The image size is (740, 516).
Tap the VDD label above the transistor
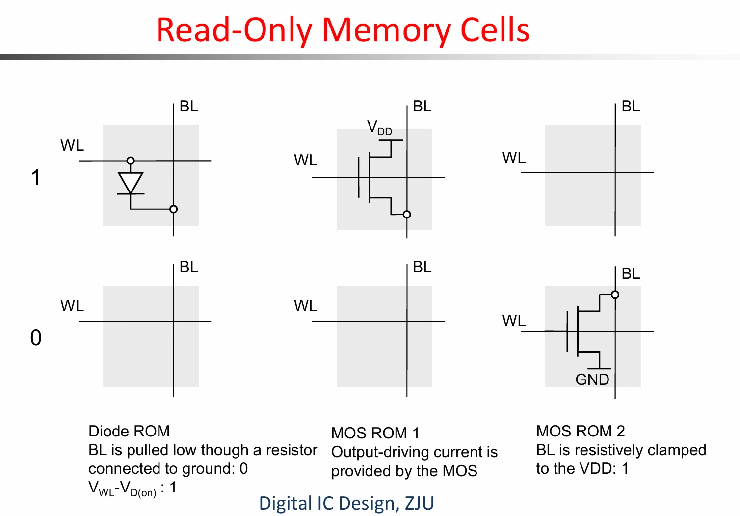coord(380,128)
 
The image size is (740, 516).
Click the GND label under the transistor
coord(592,379)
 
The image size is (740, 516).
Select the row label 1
coord(36,177)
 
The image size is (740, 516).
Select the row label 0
coord(36,337)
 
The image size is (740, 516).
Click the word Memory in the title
coord(386,31)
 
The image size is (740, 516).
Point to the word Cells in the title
coord(495,30)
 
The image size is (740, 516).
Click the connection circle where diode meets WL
coord(131,161)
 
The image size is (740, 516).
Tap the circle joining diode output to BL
coord(173,209)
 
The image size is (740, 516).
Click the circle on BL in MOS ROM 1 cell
coord(407,215)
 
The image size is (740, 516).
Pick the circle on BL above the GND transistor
coord(615,294)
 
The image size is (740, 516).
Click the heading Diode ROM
coord(129,431)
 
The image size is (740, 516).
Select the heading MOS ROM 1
coord(375,433)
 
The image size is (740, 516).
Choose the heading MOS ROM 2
coord(581,431)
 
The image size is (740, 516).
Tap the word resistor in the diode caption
coord(291,450)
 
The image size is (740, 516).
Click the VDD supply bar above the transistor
coord(391,140)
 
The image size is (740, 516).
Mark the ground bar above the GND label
coord(599,368)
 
